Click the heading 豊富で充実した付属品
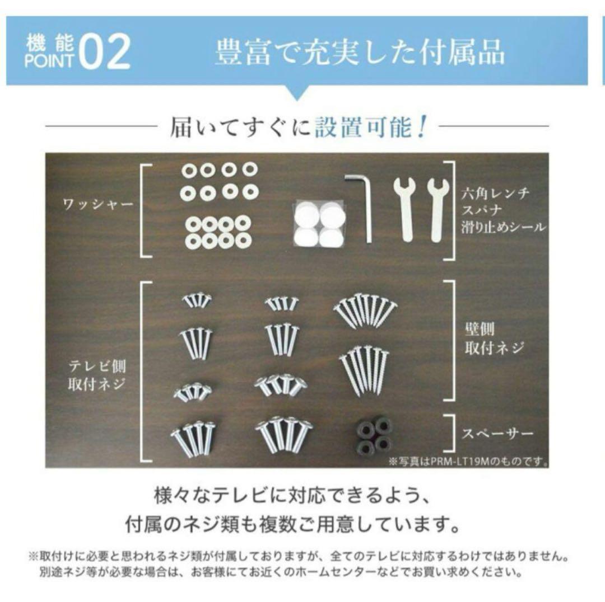[360, 52]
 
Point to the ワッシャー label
[97, 204]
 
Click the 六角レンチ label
[496, 194]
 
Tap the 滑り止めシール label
[502, 227]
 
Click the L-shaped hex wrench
[361, 206]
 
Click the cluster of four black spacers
[374, 435]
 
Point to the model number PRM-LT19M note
[468, 462]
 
